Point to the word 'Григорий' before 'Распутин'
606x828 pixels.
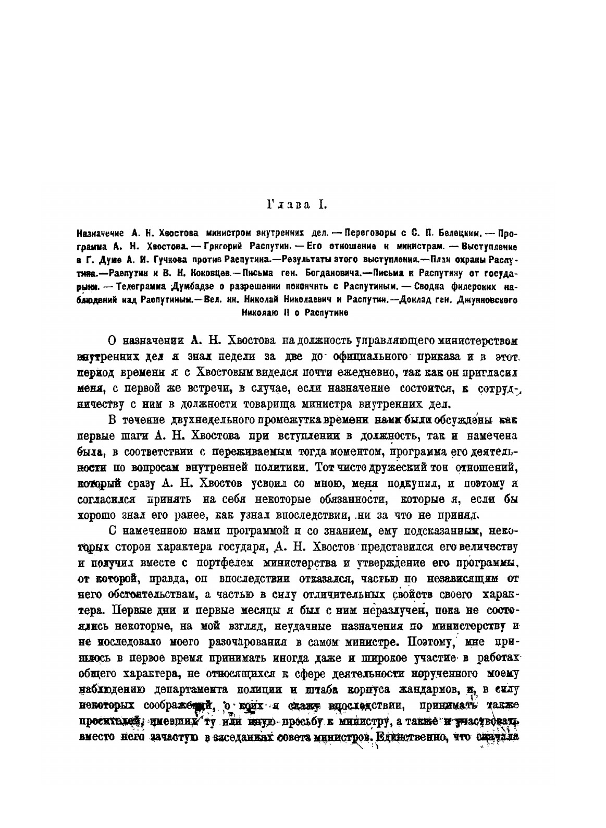[x=219, y=246]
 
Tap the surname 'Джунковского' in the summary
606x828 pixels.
[x=486, y=300]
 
